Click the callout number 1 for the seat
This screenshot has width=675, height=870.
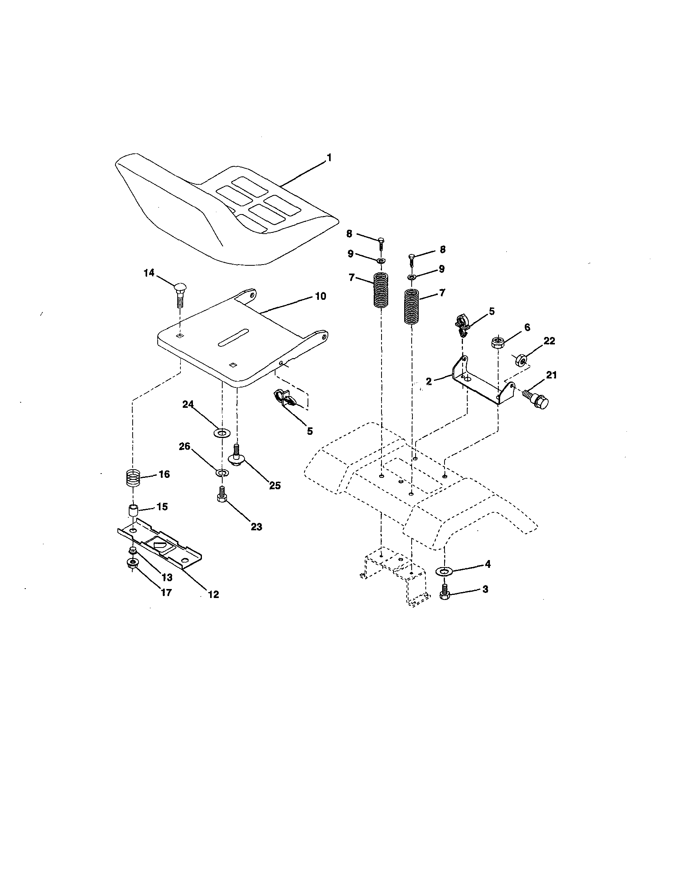click(x=329, y=158)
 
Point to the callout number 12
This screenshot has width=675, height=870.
click(x=213, y=594)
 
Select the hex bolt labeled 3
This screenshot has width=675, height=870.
click(x=445, y=594)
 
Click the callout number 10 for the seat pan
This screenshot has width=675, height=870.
click(x=320, y=296)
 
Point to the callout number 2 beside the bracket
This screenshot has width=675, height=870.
click(x=428, y=381)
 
